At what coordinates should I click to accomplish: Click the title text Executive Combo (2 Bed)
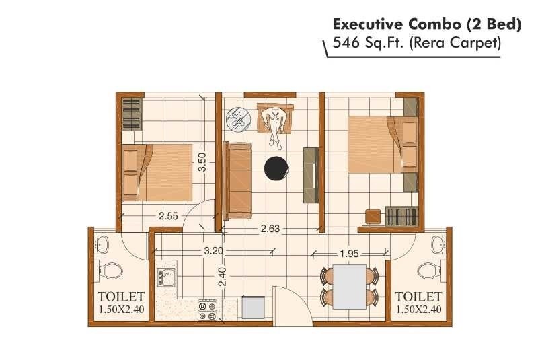(x=427, y=25)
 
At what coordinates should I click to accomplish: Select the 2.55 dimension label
(x=168, y=217)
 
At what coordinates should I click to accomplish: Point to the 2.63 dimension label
(x=270, y=229)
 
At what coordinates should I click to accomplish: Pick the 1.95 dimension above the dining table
(x=348, y=254)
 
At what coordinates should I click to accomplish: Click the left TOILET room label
(x=121, y=296)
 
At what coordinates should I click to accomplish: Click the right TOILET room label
(x=418, y=296)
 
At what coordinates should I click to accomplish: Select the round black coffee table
(x=276, y=168)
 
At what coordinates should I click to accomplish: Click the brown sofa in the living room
(x=237, y=179)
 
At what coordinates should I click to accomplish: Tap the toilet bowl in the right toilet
(x=428, y=271)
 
